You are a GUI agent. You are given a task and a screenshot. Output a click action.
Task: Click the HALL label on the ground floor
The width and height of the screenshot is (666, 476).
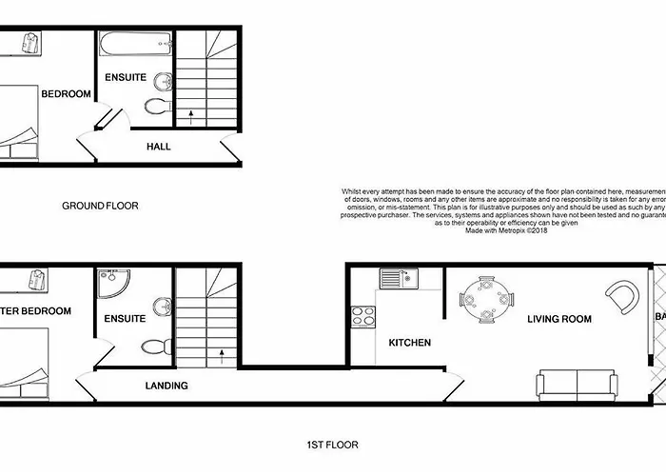pyautogui.click(x=158, y=147)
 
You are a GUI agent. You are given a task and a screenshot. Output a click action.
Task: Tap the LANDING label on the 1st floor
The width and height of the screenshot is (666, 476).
pyautogui.click(x=166, y=386)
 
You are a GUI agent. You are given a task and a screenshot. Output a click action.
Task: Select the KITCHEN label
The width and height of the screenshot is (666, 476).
pyautogui.click(x=409, y=343)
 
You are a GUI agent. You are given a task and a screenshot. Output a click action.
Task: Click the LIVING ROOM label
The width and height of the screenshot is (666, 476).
pyautogui.click(x=559, y=319)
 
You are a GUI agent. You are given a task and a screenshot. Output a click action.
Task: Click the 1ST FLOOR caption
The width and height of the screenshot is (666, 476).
pyautogui.click(x=333, y=444)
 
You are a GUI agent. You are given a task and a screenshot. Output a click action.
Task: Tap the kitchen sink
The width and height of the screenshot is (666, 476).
pyautogui.click(x=398, y=278)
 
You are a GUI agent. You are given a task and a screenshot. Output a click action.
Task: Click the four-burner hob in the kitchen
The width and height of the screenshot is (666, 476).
pyautogui.click(x=362, y=316)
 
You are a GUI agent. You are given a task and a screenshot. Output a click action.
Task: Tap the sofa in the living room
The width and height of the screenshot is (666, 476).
pyautogui.click(x=577, y=384)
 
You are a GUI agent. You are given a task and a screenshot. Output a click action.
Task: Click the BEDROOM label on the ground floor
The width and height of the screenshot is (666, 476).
pyautogui.click(x=66, y=93)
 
